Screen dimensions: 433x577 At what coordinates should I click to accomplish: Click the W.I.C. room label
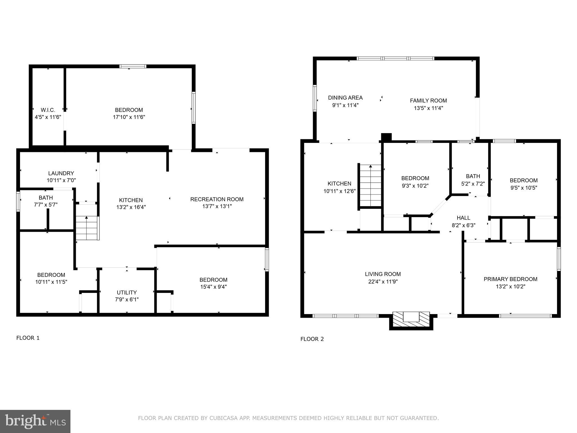[x=48, y=110]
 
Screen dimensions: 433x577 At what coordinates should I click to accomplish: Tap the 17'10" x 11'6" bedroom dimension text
[x=129, y=117]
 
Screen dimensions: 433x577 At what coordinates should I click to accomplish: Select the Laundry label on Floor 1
[x=61, y=173]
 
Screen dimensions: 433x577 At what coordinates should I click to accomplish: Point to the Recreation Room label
[x=217, y=199]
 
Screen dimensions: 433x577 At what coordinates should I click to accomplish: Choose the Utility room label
[x=127, y=293]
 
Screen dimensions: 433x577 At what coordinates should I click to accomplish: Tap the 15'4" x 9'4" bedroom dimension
[x=213, y=287]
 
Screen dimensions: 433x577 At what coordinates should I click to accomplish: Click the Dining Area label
[x=345, y=98]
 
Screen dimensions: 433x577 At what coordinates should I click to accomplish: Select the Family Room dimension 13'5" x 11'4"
[x=428, y=108]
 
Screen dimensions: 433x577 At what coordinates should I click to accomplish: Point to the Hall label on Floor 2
[x=463, y=218]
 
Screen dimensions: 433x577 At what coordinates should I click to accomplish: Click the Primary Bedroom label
[x=510, y=279]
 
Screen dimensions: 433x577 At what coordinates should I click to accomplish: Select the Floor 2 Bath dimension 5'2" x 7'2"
[x=473, y=184]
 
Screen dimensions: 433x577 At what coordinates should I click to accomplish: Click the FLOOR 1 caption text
[x=28, y=338]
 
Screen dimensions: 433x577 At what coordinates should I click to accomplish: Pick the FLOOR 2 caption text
[x=312, y=339]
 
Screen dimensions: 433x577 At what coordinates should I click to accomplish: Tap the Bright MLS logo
[x=35, y=421]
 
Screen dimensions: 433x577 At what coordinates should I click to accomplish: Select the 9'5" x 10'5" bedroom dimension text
[x=523, y=188]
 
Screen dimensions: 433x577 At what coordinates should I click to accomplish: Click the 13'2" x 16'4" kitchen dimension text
[x=131, y=207]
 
